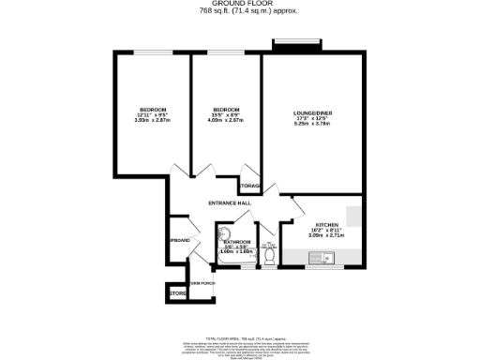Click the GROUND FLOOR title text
pos(240,4)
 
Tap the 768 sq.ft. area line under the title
pos(240,10)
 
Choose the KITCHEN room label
pos(325,225)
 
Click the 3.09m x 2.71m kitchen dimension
pos(325,237)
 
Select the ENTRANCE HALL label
pos(230,203)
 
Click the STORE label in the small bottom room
pos(177,294)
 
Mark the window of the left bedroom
pos(151,53)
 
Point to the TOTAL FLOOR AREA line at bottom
pos(240,337)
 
